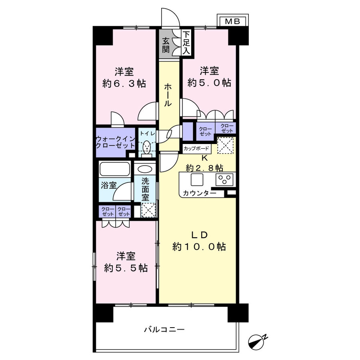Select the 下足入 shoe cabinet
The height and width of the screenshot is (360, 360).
186,43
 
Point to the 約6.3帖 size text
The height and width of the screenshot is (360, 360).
124,84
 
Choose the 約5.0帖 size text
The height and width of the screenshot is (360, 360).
209,83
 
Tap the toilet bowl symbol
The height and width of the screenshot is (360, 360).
147,148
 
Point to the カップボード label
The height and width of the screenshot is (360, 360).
196,148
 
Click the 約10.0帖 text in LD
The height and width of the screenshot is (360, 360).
199,247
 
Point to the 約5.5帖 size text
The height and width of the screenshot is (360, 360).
126,268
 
